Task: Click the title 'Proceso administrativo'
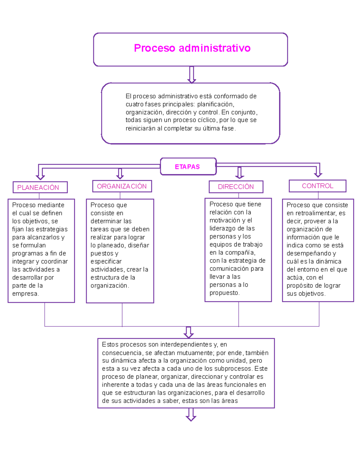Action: pyautogui.click(x=192, y=48)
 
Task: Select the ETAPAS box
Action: pyautogui.click(x=188, y=167)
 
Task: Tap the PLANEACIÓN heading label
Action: pyautogui.click(x=40, y=187)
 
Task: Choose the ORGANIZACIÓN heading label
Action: pyautogui.click(x=122, y=186)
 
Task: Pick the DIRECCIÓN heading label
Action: pyautogui.click(x=236, y=187)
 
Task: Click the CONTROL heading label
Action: pyautogui.click(x=317, y=186)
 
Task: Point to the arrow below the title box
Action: pyautogui.click(x=191, y=75)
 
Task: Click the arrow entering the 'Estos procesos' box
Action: pyautogui.click(x=188, y=333)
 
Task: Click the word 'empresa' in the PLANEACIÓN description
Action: pyautogui.click(x=25, y=293)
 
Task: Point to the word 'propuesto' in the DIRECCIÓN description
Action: pyautogui.click(x=224, y=293)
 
